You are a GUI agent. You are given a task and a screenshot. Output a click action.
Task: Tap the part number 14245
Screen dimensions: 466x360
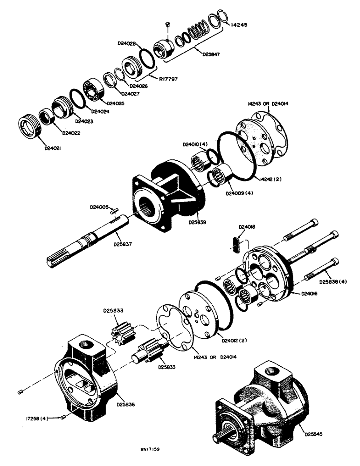[240, 26]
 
